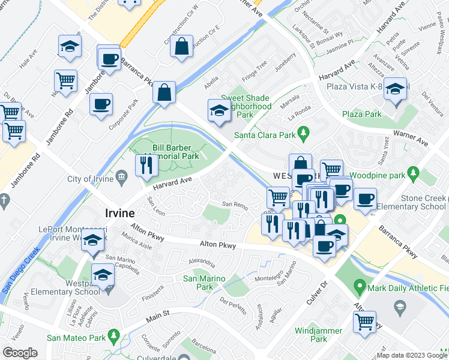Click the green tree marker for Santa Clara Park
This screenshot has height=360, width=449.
pyautogui.click(x=304, y=131)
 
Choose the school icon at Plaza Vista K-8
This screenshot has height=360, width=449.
pyautogui.click(x=395, y=91)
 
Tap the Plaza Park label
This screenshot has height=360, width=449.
pyautogui.click(x=361, y=114)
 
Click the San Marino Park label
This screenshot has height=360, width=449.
pyautogui.click(x=204, y=283)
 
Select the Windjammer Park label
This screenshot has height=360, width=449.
pyautogui.click(x=311, y=335)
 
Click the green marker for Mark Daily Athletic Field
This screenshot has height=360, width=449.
pyautogui.click(x=360, y=287)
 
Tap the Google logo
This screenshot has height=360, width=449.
pyautogui.click(x=20, y=353)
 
